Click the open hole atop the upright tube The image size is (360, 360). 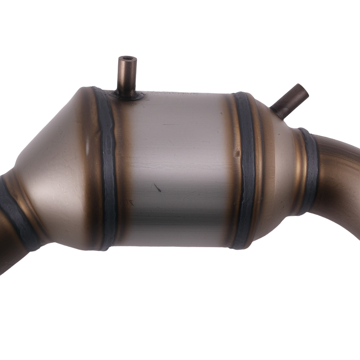[x=128, y=58]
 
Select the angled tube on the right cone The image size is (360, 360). [x=290, y=101]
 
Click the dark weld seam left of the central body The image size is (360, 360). [x=107, y=169]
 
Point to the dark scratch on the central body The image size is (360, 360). [x=157, y=188]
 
